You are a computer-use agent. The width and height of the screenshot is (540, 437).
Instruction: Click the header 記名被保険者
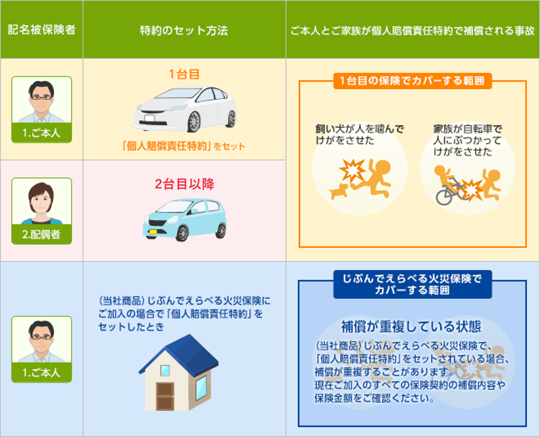[42, 30]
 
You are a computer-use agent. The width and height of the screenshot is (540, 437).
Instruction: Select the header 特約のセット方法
[184, 30]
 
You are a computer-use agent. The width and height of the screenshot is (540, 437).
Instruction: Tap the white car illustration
[185, 109]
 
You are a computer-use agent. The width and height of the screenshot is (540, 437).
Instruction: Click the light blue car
[185, 219]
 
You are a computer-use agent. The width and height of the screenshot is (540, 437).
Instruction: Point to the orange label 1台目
[184, 74]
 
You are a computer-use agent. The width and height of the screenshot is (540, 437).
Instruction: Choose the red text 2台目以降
[185, 184]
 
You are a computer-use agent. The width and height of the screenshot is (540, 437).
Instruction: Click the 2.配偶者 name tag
[42, 234]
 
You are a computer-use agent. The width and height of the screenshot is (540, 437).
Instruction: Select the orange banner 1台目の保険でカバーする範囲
[412, 81]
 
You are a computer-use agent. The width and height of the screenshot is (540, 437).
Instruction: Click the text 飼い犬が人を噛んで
[359, 129]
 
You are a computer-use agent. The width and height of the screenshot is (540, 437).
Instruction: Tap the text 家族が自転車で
[467, 129]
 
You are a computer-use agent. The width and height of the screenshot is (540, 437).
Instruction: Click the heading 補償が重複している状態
[411, 327]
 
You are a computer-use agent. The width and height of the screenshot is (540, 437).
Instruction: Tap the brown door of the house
[165, 396]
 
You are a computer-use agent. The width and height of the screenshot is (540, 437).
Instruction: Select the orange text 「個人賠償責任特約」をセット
[183, 146]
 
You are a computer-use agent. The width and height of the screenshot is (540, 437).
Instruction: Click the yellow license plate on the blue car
[153, 231]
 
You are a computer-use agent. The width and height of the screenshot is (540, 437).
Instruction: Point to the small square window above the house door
[165, 371]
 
